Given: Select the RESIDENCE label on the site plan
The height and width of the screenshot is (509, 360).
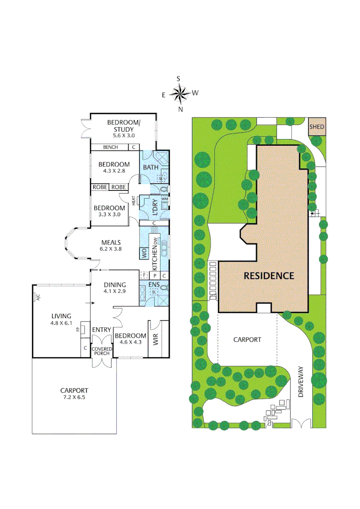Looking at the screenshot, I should click(269, 276).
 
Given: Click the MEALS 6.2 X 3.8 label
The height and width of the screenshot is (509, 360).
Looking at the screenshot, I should click(111, 245).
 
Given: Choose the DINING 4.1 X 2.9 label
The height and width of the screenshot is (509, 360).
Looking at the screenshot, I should click(115, 288).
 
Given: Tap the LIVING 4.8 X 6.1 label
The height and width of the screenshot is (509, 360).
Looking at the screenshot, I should click(62, 320).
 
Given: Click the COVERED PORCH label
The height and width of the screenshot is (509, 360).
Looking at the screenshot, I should click(102, 352).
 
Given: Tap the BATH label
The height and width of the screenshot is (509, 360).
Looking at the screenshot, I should click(151, 167).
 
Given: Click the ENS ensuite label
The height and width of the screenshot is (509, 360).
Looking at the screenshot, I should click(154, 285).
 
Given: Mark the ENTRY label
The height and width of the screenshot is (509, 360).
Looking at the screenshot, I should click(101, 329).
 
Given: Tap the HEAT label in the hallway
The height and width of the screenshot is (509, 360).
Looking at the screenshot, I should click(133, 201).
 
